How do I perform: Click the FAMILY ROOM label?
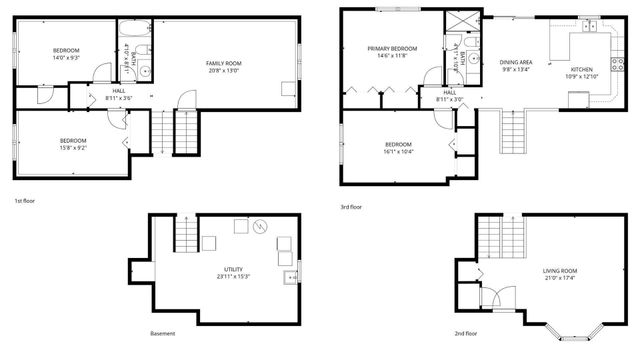coord(224,63)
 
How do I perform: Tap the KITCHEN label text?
coord(581,70)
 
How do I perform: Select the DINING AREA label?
coord(516,62)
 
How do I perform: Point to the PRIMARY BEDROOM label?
coord(391,48)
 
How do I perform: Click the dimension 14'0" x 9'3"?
coord(66,57)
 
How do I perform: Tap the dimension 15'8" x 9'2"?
coord(73,147)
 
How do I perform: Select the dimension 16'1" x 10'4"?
coord(399,151)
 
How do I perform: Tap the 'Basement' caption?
coord(162,333)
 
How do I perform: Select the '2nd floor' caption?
coord(466,333)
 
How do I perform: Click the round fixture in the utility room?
coord(261,226)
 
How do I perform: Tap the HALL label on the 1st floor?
coord(118,91)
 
